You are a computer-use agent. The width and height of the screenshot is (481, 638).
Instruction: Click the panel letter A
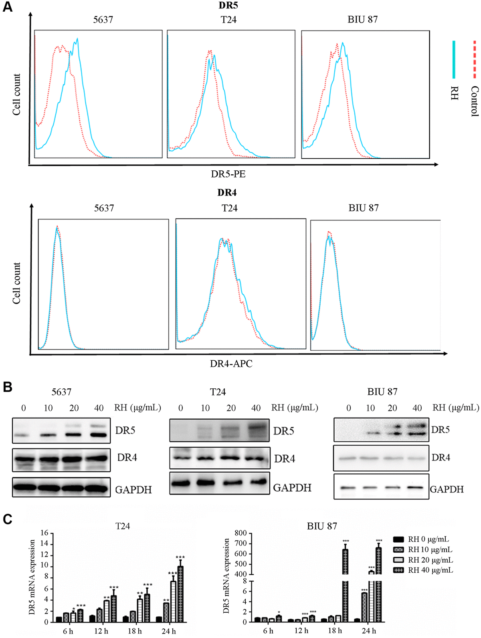(7, 8)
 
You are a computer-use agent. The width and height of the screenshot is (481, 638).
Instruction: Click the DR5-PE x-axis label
(228, 174)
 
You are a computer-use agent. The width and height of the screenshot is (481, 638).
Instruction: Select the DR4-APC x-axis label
(231, 363)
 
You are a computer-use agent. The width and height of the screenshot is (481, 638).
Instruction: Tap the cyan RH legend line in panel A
(454, 59)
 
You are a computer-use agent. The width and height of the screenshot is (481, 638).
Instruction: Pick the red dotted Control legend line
(475, 59)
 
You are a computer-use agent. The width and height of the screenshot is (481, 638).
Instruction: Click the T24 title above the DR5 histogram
(228, 19)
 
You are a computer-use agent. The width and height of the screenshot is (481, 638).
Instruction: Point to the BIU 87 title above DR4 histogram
(364, 208)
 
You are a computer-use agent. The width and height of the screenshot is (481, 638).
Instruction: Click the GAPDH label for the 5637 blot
(133, 490)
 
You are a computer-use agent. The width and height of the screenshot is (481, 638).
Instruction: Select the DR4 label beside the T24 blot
(285, 458)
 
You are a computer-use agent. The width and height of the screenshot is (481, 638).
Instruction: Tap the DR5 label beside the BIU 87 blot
(441, 430)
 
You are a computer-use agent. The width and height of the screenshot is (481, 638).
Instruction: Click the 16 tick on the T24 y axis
(44, 533)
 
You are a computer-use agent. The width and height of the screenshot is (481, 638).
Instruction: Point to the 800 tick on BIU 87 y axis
(241, 533)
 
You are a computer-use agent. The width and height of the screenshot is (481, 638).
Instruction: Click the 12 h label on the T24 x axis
(101, 631)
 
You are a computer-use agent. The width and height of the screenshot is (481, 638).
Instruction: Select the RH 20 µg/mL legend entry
(430, 560)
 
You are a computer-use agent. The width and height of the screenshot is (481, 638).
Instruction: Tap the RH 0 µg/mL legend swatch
(398, 539)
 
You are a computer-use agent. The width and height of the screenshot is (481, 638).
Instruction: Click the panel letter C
(7, 519)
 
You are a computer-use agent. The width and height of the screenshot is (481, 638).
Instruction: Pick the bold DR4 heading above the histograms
(227, 193)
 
